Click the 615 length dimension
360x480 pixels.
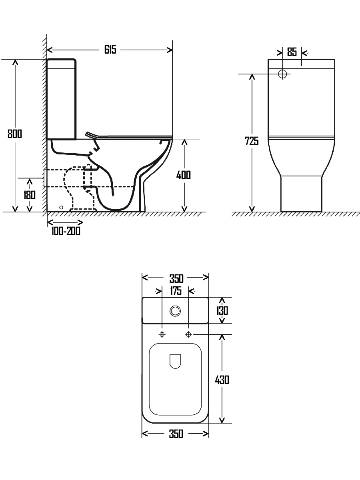coord(110,50)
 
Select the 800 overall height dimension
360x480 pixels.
coord(15,134)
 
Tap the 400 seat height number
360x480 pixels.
coord(183,175)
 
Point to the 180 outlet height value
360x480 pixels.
coord(30,195)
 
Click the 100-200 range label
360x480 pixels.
coord(66,231)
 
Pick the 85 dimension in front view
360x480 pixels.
coord(292,52)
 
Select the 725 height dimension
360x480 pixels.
coord(252,141)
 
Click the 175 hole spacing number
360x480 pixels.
coord(176,291)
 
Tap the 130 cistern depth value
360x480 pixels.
coord(222,310)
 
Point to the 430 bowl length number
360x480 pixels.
coord(222,380)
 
